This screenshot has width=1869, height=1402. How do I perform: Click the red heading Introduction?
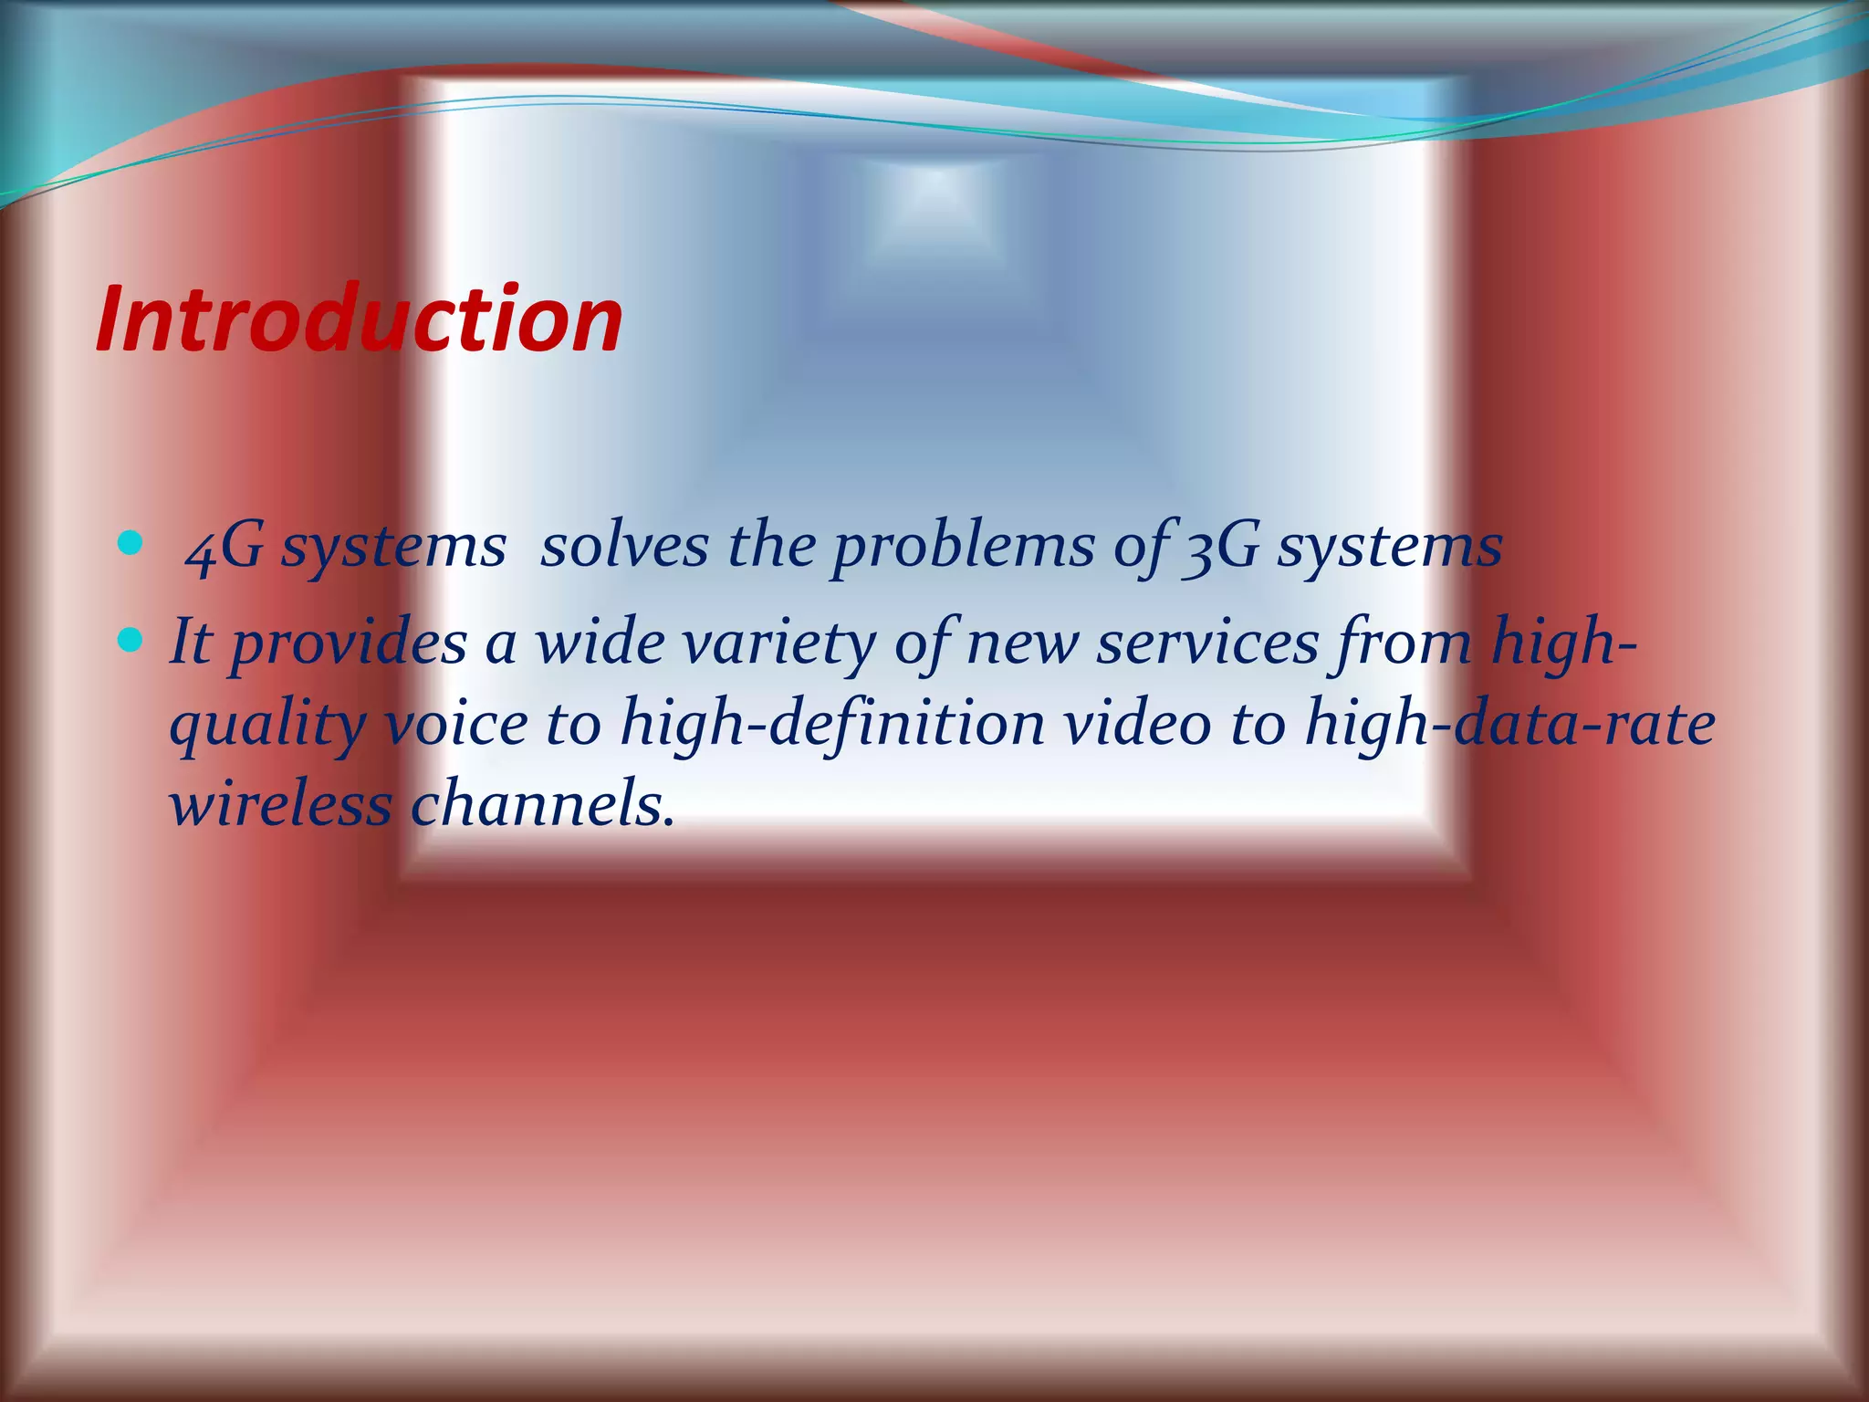point(359,319)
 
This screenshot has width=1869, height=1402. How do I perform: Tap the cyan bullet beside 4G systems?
point(131,546)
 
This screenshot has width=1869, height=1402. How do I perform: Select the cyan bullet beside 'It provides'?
point(131,643)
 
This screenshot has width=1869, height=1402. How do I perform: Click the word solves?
point(624,548)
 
